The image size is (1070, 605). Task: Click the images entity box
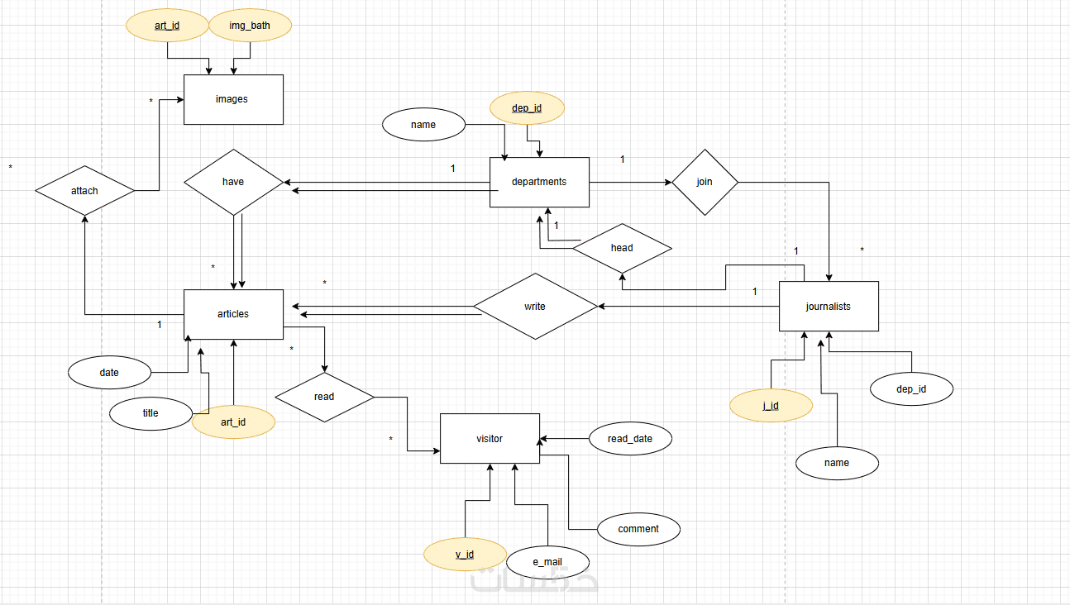pos(233,99)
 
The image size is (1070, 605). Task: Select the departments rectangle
pos(539,182)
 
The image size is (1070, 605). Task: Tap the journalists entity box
pos(829,306)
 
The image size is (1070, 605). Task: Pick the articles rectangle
pos(233,314)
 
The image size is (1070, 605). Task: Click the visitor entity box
pos(490,438)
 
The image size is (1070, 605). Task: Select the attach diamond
pos(84,191)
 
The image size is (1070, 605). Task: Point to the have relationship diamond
pos(233,182)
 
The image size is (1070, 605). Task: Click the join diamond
pos(705,182)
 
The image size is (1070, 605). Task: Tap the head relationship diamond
pos(622,248)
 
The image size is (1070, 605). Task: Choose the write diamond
pos(535,306)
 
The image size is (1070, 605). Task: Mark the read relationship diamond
pos(324,397)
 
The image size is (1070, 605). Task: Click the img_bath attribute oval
pos(250,26)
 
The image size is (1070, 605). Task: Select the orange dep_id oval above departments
pos(527,107)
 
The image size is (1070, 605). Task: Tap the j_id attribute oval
pos(771,406)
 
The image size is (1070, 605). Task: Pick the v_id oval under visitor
pos(465,554)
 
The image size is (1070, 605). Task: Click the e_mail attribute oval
pos(547,562)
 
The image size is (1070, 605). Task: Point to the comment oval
pos(638,529)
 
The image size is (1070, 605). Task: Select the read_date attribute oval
pos(630,439)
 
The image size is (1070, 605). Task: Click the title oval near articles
pos(150,413)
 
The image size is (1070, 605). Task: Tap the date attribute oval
pos(109,373)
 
